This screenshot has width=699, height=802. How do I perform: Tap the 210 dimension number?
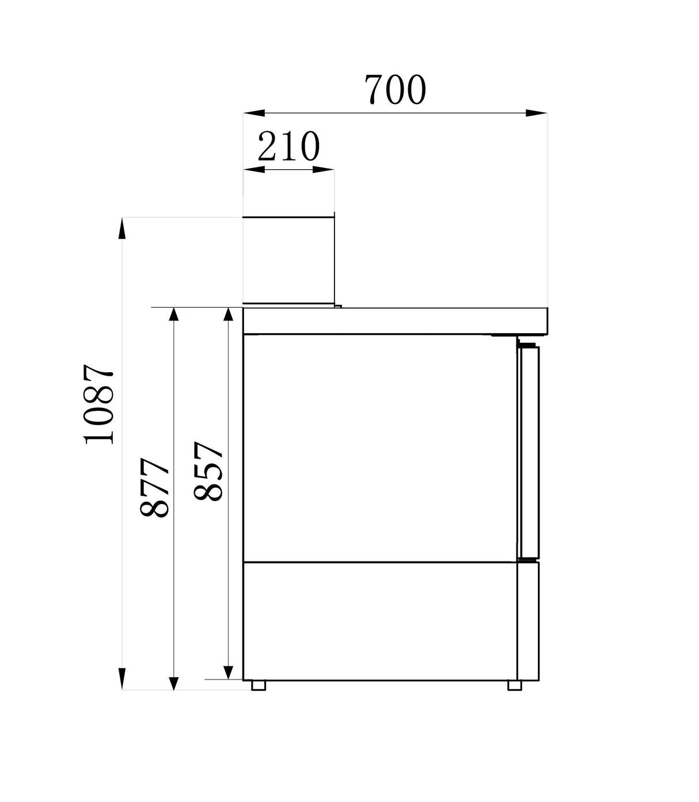point(288,147)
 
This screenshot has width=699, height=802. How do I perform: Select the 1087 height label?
point(100,403)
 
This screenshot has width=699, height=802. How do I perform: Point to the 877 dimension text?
point(155,487)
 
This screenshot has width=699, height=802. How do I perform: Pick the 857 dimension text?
point(208,471)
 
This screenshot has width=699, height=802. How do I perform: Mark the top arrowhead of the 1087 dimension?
point(122,228)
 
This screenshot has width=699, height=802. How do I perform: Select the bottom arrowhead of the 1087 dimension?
point(122,679)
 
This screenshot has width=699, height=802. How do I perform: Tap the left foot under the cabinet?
point(259,685)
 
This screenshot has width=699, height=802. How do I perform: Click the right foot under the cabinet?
point(514,685)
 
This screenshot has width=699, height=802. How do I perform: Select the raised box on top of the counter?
point(288,260)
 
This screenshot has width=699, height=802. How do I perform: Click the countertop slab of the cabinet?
point(395,320)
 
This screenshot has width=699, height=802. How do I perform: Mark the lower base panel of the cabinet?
point(380,621)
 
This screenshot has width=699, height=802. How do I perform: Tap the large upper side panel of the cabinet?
point(380,448)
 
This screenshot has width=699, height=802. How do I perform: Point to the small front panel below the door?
point(528,621)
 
